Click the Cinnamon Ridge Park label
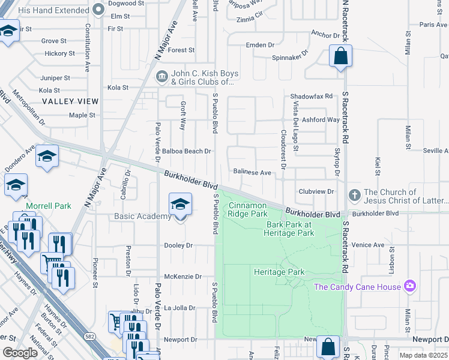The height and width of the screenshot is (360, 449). point(248,209)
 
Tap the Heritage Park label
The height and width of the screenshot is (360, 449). point(279,272)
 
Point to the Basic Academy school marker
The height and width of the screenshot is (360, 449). point(180,205)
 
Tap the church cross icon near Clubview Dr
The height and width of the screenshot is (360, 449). point(354,196)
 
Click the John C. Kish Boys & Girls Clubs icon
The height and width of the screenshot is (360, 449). point(161,77)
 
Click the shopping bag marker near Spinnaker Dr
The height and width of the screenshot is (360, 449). point(340,56)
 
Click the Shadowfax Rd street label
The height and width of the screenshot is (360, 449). point(311,97)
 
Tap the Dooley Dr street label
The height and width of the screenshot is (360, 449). point(179,245)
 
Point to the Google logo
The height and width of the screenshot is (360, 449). point(20,353)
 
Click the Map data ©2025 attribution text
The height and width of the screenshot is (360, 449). point(424,355)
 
